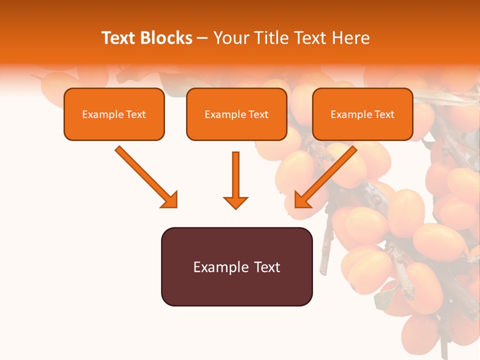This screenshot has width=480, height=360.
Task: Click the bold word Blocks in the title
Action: click(166, 38)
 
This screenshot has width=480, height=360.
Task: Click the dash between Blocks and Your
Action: click(202, 38)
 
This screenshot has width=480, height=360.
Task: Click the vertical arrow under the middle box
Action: click(235, 175)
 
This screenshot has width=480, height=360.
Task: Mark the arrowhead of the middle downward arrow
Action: click(235, 202)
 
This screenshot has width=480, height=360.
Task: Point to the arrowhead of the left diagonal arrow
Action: click(170, 199)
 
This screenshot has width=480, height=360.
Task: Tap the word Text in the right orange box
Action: click(384, 114)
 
